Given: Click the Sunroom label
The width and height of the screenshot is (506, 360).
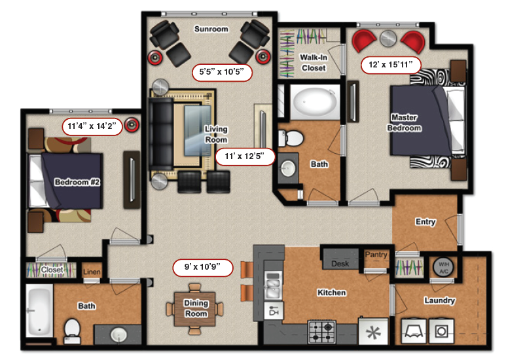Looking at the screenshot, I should click(211, 29).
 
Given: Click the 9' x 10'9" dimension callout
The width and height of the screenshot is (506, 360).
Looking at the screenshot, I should click(203, 267).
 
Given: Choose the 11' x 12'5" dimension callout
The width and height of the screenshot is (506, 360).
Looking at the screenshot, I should click(244, 157).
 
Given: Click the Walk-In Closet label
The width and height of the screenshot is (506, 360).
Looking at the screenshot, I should click(314, 62).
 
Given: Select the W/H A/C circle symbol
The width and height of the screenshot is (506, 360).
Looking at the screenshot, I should click(443, 267).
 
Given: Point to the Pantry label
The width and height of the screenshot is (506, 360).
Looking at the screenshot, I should click(376, 255).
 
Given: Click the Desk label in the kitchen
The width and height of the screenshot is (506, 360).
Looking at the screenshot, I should click(340, 263).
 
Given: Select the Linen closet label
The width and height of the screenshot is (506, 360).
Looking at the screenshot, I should click(91, 270).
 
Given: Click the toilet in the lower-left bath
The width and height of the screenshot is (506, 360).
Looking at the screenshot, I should click(72, 328).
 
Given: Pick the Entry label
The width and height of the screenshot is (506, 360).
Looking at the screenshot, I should click(425, 222).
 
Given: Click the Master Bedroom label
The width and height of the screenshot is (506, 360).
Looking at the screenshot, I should click(405, 123).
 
